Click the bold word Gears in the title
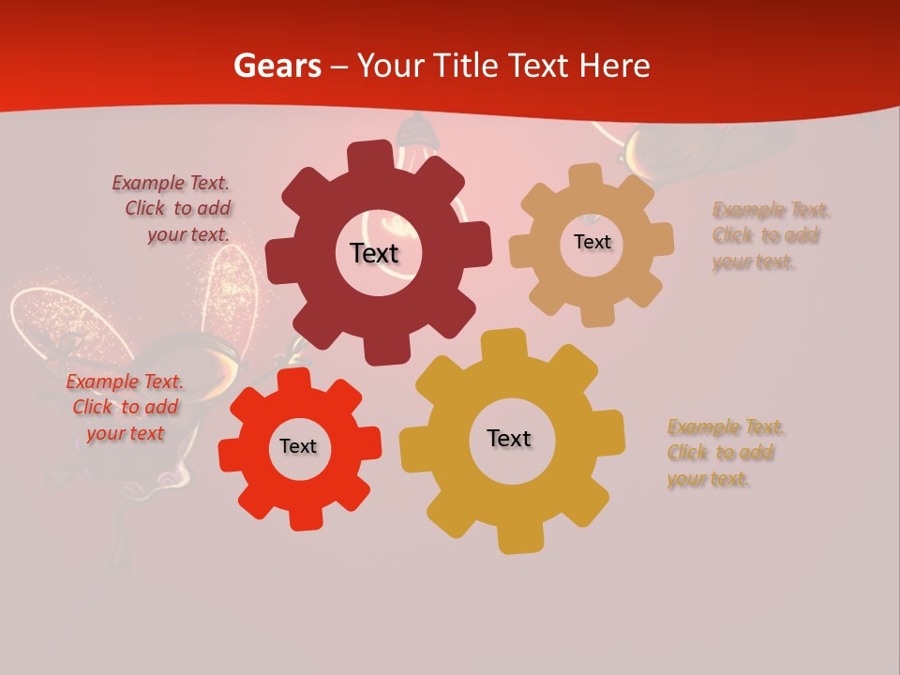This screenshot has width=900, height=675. (277, 66)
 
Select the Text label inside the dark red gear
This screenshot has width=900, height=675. (375, 253)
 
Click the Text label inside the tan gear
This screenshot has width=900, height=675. (592, 242)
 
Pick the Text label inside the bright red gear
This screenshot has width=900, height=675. (298, 446)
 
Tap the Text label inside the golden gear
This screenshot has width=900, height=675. (509, 438)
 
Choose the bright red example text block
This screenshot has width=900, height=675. (125, 407)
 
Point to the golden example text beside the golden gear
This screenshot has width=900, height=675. (724, 453)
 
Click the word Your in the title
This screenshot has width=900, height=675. (394, 66)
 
